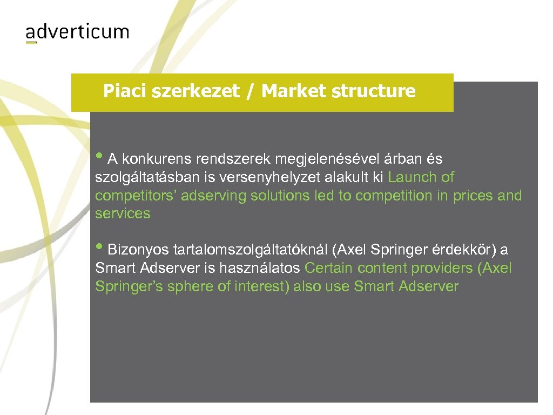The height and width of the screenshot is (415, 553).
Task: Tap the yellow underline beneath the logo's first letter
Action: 31,42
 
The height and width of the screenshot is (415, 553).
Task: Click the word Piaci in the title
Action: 124,91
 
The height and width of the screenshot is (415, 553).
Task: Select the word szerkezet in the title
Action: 195,91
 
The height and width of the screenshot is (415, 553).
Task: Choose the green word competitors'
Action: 136,196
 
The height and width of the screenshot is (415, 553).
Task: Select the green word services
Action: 123,213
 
